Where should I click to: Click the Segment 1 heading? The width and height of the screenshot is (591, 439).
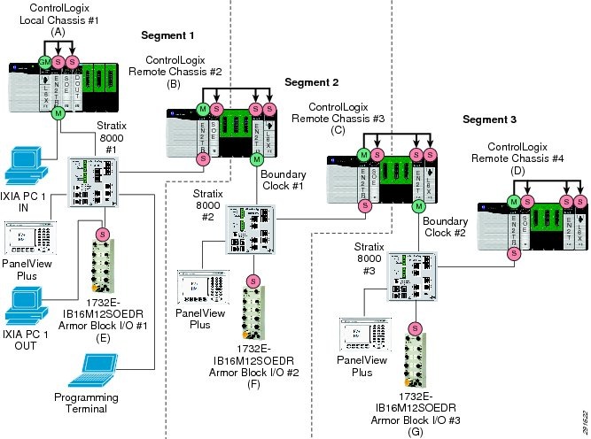167,35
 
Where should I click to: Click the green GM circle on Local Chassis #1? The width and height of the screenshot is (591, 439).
43,61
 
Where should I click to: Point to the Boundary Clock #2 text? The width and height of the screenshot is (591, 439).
447,227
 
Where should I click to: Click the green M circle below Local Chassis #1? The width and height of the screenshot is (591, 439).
58,112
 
